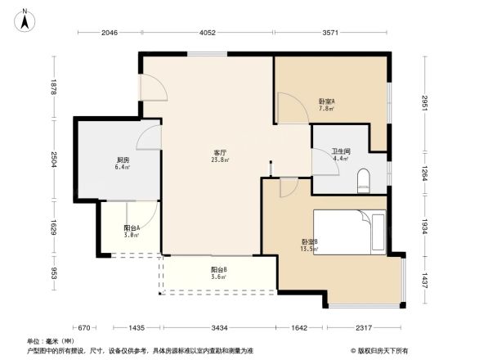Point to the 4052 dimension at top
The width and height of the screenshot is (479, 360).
[207, 33]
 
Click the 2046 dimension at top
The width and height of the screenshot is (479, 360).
[110, 33]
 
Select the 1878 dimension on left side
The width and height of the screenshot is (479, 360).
[52, 87]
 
